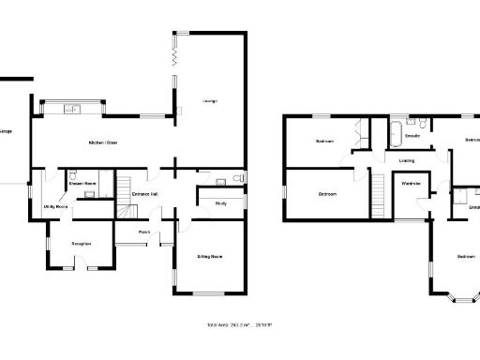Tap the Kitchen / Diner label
102,142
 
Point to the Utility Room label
54,206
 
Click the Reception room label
82,244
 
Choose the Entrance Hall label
144,194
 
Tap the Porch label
144,232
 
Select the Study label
221,202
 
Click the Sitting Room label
209,256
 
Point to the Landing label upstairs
407,160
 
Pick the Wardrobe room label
411,184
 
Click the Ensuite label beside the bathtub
412,136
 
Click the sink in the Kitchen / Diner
70,110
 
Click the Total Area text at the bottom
239,325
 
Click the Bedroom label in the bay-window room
466,256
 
